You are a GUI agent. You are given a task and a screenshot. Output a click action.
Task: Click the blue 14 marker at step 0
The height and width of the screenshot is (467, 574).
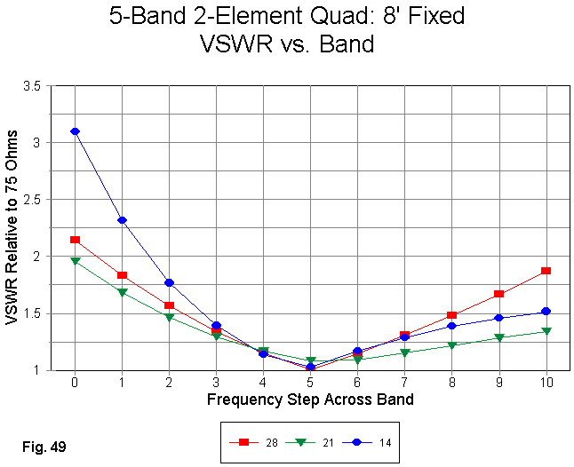[x=75, y=131]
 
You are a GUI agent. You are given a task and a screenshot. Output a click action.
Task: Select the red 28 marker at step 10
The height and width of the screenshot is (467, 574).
[x=546, y=271]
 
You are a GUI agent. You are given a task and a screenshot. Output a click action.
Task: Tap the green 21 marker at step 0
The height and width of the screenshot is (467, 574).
[x=75, y=261]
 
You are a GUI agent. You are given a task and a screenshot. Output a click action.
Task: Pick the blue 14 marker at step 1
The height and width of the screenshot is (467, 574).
[x=122, y=220]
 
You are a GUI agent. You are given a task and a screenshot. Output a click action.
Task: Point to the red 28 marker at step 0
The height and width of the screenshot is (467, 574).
[x=75, y=240]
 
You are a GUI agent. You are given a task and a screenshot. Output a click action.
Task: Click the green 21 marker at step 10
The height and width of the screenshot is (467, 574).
[x=546, y=331]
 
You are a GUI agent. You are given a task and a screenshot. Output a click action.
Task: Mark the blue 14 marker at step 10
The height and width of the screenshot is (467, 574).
[x=546, y=312]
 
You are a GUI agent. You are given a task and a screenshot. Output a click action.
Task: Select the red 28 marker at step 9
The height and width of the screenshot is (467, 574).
[x=498, y=294]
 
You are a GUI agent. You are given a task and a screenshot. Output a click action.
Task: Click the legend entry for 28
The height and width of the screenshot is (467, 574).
[x=253, y=441]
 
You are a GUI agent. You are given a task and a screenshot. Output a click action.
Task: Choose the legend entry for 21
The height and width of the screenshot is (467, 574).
[x=310, y=441]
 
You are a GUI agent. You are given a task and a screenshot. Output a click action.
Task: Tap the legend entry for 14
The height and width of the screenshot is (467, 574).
[x=368, y=441]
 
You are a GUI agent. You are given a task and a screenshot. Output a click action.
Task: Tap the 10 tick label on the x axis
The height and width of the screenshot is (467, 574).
[x=546, y=382]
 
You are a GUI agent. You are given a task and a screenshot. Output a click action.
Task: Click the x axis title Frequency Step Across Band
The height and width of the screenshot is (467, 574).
[x=310, y=400]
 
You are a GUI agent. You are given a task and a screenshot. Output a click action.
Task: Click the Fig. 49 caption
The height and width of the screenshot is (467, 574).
[x=44, y=442]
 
